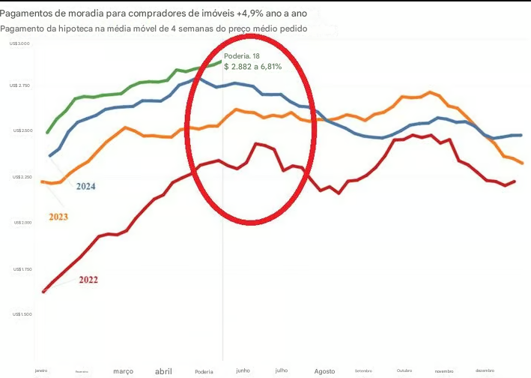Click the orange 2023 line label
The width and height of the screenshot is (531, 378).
tap(58, 217)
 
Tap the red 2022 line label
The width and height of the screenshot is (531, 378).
tap(88, 280)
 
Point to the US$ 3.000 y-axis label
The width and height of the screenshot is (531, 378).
tap(20, 44)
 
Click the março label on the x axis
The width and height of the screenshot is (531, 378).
tap(123, 371)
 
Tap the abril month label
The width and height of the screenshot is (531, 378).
tap(163, 371)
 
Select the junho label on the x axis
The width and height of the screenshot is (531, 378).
tap(243, 370)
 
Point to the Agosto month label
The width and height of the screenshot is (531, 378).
tap(325, 371)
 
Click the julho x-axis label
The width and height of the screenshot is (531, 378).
tap(282, 370)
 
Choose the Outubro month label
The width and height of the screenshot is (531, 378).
tap(404, 370)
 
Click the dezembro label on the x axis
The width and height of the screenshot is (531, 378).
tap(485, 370)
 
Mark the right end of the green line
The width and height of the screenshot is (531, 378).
tap(221, 62)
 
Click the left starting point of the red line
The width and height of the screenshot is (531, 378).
tap(43, 292)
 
